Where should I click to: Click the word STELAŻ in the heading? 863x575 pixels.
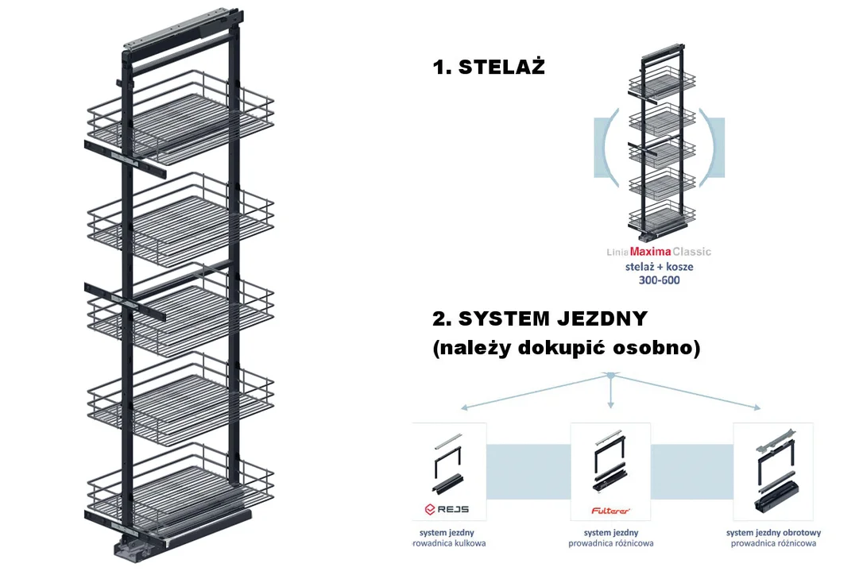tap(501, 67)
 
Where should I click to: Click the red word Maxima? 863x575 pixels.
tap(650, 252)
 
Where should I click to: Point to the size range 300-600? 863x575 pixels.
tap(659, 280)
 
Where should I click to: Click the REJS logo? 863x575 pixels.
tap(447, 510)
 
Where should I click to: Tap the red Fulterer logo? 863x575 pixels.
tap(610, 511)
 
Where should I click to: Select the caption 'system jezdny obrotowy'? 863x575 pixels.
tap(773, 533)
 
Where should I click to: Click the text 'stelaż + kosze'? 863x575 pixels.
tap(659, 266)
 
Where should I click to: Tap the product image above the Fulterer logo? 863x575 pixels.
tap(610, 461)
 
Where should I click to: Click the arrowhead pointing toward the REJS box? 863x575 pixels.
tap(465, 407)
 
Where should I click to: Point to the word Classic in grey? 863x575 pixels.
tap(692, 252)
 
